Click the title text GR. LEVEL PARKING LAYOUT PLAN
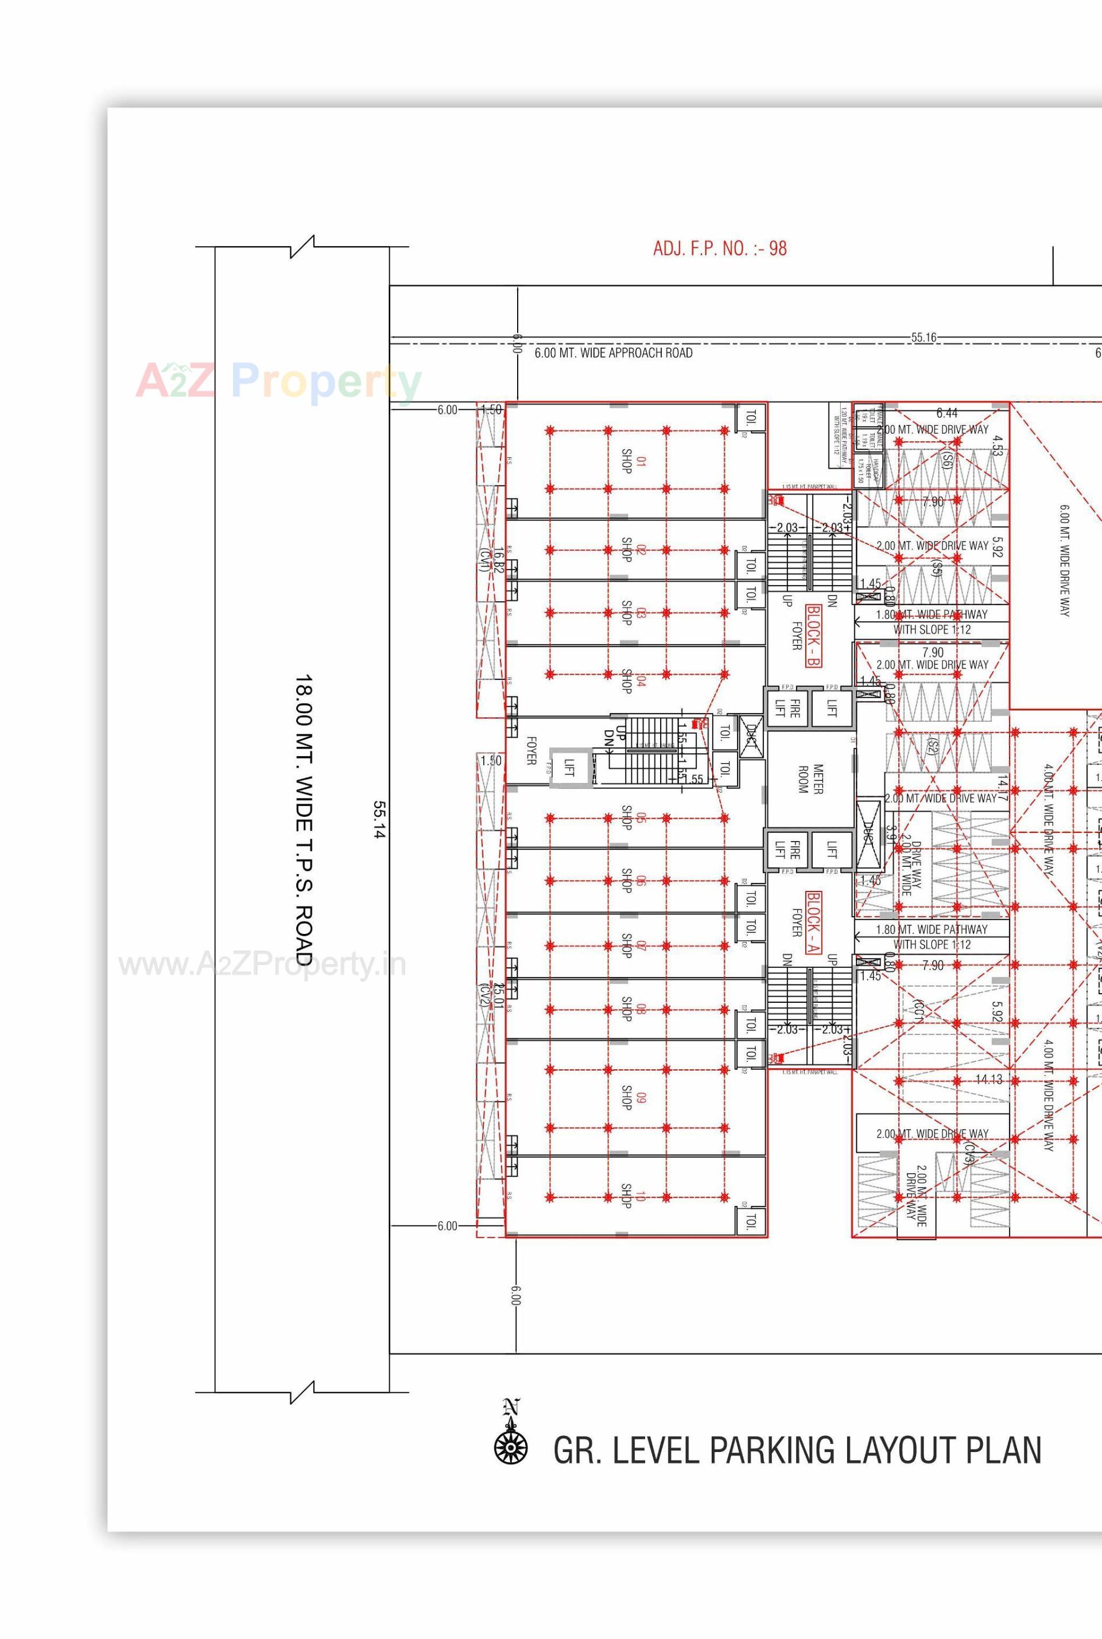pos(797,1451)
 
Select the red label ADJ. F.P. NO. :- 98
pos(720,249)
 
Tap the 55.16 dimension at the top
pos(923,338)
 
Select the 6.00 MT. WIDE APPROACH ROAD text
pos(613,353)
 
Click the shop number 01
pos(641,462)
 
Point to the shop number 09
pos(641,1097)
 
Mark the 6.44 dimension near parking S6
pos(946,413)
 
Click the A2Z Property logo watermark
pos(278,381)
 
